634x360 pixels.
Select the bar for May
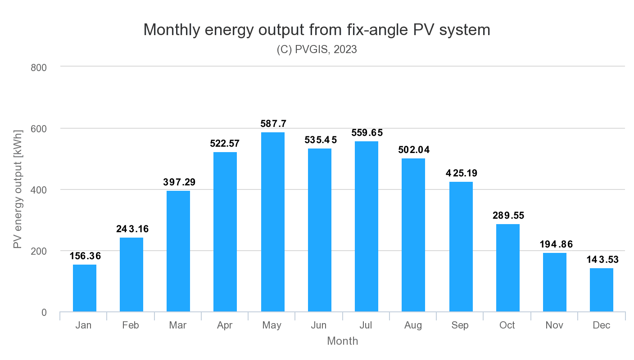pos(272,222)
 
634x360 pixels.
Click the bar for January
pos(85,288)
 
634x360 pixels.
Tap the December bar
pos(601,290)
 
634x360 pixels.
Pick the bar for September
pos(461,247)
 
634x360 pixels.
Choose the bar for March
pos(178,251)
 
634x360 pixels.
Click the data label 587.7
pos(273,124)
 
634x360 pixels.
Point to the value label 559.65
pos(367,133)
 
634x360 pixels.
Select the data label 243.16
pos(132,229)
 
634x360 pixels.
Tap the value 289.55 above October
pos(507,216)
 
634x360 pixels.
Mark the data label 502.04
pos(414,150)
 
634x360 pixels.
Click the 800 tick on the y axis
pos(39,67)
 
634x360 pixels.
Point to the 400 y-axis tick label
pos(39,190)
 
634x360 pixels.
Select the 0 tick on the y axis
pos(44,312)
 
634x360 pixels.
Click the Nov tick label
pos(554,325)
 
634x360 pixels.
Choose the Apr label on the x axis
pos(225,325)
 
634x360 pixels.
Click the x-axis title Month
pos(342,341)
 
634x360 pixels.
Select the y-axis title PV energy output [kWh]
pos(18,189)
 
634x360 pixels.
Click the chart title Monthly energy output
pos(317,30)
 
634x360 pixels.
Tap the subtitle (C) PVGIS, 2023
pos(317,49)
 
